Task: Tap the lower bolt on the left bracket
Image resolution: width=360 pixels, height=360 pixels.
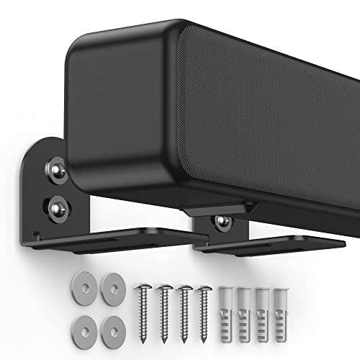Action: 56,208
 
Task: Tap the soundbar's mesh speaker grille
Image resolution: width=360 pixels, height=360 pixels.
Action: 266,108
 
